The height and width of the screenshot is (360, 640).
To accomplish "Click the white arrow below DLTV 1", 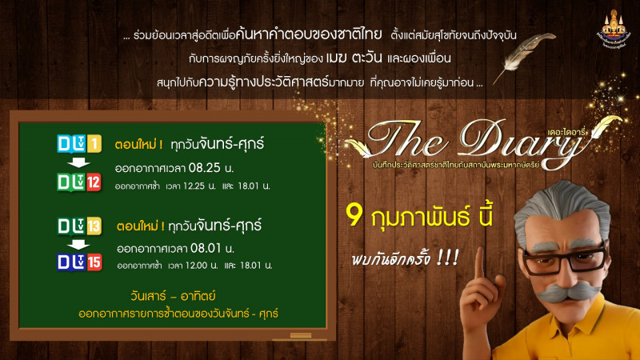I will coord(77,164).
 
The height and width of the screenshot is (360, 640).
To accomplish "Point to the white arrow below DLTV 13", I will coord(77,244).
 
